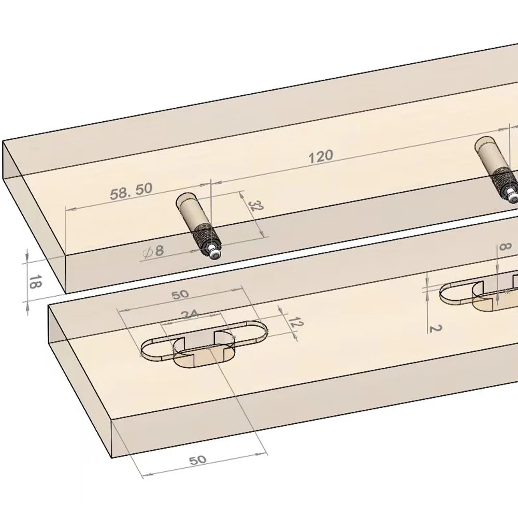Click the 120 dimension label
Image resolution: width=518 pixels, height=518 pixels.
pyautogui.click(x=321, y=156)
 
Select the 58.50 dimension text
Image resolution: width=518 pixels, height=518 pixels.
pyautogui.click(x=131, y=191)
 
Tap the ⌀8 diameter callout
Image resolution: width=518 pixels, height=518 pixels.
pyautogui.click(x=153, y=251)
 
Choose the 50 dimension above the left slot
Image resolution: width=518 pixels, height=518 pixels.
pyautogui.click(x=180, y=294)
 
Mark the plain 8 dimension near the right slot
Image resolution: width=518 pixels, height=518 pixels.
pyautogui.click(x=502, y=248)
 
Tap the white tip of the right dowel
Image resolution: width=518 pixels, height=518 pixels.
pyautogui.click(x=512, y=196)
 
